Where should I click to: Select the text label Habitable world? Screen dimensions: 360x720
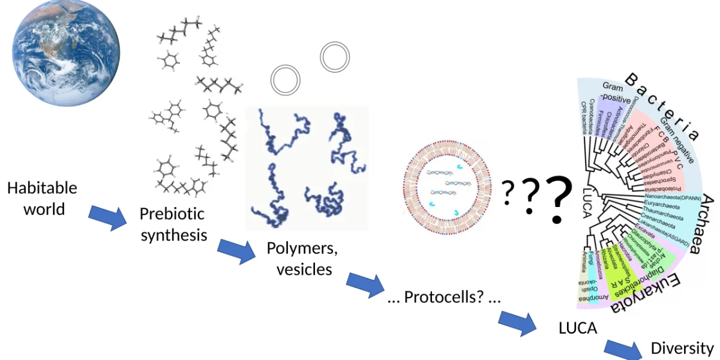(x=42, y=199)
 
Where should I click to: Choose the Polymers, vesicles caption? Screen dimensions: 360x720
(x=304, y=259)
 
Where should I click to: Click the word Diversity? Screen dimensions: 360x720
(x=682, y=348)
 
